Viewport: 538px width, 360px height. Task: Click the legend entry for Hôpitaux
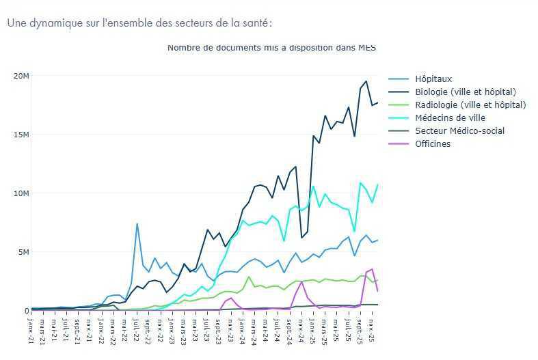[x=433, y=79]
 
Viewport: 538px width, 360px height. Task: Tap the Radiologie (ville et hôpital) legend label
[x=470, y=105]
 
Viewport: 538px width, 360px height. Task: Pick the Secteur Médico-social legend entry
[x=459, y=131]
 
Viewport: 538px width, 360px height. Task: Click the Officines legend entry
[x=433, y=144]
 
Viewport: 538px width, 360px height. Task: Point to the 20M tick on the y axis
[x=21, y=76]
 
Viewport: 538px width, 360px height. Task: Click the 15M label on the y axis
[x=21, y=135]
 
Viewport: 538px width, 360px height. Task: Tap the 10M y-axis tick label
[x=21, y=193]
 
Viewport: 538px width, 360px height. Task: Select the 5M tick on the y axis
[x=23, y=252]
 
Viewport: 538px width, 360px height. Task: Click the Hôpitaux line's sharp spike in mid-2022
[x=137, y=223]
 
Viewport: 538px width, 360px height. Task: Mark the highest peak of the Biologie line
[x=366, y=81]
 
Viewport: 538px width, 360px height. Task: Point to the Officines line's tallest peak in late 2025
[x=372, y=268]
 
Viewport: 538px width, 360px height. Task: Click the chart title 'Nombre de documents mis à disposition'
[x=271, y=48]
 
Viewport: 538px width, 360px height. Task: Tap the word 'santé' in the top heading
[x=254, y=23]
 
